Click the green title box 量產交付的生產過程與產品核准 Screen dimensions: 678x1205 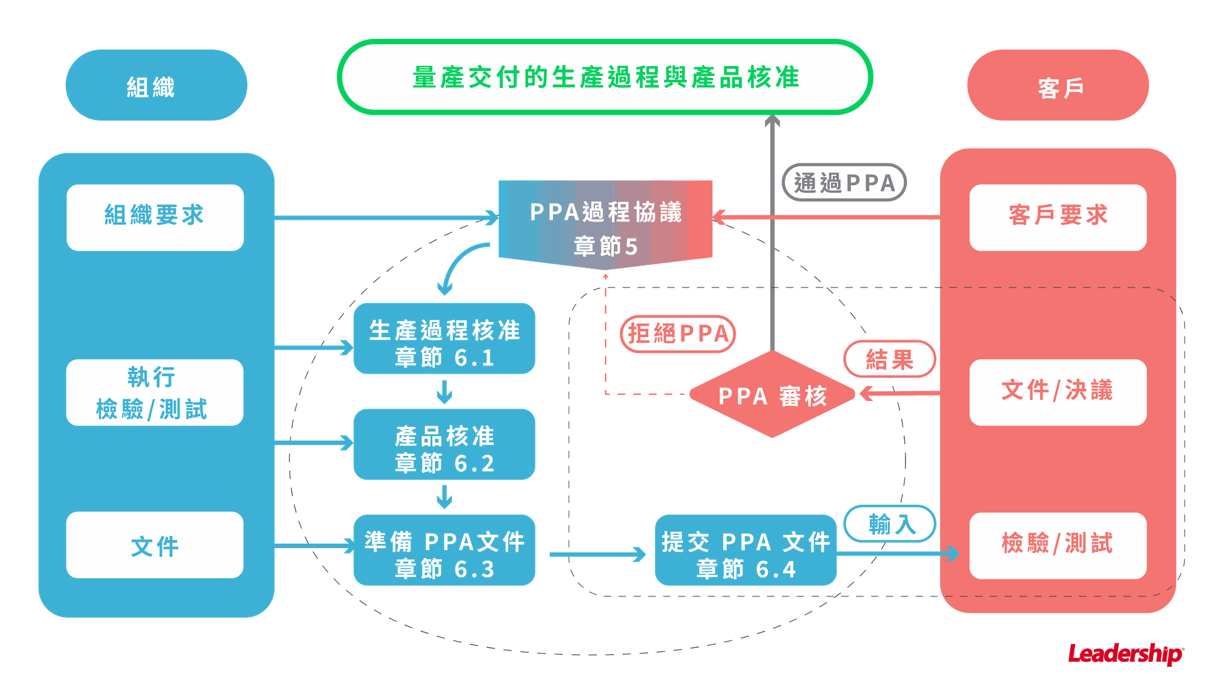click(x=605, y=77)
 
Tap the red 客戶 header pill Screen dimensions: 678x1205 click(x=1058, y=85)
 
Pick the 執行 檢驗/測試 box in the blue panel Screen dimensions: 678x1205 click(x=154, y=392)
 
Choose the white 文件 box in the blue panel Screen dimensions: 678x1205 click(x=154, y=545)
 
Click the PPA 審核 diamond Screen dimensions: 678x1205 click(x=773, y=395)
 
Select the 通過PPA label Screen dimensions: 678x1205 click(x=844, y=183)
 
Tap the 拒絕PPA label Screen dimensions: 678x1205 click(x=678, y=333)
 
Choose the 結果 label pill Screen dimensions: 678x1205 click(x=889, y=359)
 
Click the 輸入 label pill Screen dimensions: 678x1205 click(x=889, y=524)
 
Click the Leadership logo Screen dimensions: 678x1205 click(x=1125, y=654)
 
